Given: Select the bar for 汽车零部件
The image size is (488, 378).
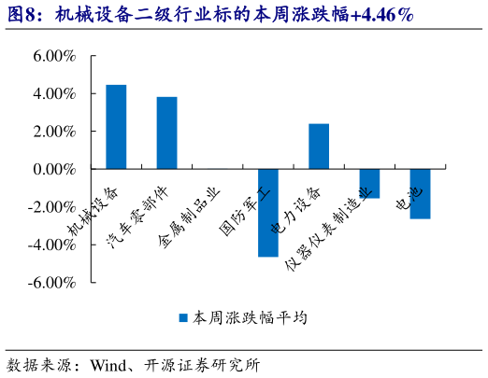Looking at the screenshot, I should click(166, 133).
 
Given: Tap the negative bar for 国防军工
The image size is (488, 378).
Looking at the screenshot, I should click(268, 213).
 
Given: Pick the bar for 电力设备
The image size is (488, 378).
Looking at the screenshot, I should click(319, 147).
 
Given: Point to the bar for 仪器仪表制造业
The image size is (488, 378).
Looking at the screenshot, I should click(369, 184).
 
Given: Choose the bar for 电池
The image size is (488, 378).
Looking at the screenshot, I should click(420, 194).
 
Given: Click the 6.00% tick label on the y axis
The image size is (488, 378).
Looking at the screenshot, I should click(54, 56).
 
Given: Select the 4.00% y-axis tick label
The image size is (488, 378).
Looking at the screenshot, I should click(54, 94).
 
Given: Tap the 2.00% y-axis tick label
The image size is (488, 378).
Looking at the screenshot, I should click(54, 132).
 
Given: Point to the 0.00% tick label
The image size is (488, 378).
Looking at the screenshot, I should click(54, 169).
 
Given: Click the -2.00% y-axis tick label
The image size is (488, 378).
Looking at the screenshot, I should click(52, 206).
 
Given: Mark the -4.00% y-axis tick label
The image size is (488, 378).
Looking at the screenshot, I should click(52, 245).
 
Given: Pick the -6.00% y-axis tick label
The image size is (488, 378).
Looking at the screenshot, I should click(52, 282).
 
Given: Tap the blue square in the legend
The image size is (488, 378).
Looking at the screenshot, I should click(184, 318).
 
